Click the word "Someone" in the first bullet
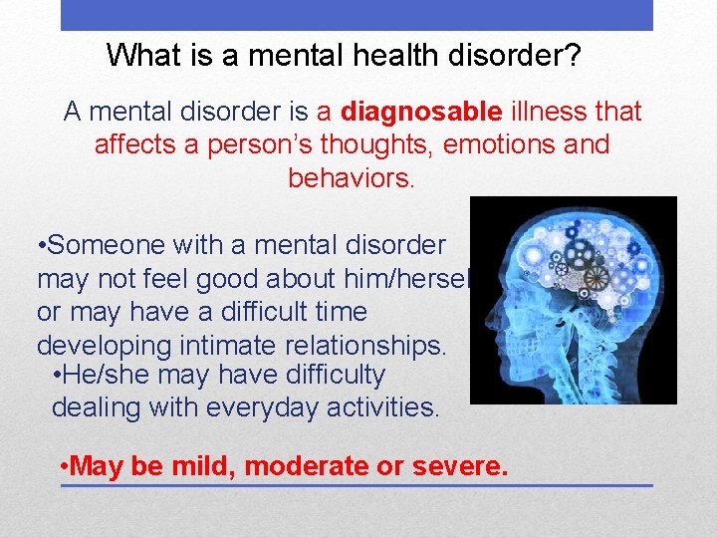point(107,245)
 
